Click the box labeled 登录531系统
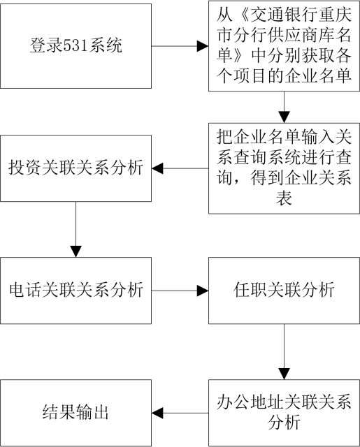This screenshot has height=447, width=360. point(75,46)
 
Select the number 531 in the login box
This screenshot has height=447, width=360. point(75,45)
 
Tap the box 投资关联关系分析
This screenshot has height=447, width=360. point(75,168)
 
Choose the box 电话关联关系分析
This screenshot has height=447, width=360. point(75,291)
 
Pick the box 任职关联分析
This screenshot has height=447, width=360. point(284,291)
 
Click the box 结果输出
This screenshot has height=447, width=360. point(75,413)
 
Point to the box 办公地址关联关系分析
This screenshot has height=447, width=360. point(284,413)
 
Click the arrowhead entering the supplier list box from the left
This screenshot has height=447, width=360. point(203,46)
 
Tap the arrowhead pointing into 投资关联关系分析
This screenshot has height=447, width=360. point(157,168)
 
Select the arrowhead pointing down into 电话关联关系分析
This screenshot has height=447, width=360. point(76,251)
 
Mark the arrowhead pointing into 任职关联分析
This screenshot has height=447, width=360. point(203,291)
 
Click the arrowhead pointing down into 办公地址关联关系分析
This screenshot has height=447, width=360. point(284,374)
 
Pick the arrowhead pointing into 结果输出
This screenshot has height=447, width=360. point(157,413)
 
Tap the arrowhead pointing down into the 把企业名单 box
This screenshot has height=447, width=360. point(284,117)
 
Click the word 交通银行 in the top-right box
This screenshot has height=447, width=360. point(283,15)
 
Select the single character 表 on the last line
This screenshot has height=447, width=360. point(284,198)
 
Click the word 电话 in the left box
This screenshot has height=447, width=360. point(25,291)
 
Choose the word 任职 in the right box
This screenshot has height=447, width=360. point(250,291)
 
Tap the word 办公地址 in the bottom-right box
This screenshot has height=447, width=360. point(250,402)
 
